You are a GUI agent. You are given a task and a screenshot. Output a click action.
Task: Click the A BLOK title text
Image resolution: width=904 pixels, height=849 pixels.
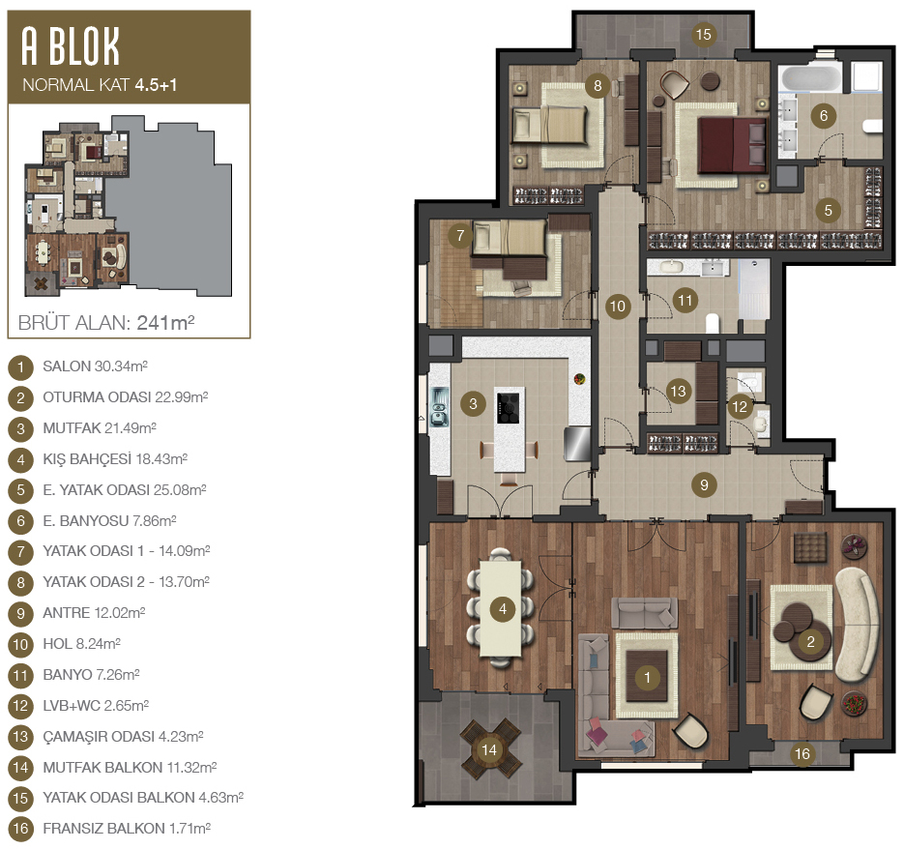click(71, 45)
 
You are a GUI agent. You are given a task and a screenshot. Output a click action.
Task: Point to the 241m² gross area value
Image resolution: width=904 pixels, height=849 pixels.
click(165, 322)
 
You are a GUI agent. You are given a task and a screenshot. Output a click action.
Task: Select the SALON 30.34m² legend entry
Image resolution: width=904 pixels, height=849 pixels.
click(95, 366)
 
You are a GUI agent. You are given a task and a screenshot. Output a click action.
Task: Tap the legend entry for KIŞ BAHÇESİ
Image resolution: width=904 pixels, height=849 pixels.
click(115, 459)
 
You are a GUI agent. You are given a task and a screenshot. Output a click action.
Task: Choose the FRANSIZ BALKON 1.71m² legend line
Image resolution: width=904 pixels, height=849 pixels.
click(127, 829)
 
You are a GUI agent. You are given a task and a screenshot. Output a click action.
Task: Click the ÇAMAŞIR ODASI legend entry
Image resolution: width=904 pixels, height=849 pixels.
click(123, 737)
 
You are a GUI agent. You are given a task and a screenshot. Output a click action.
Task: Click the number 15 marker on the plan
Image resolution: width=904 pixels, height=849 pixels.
click(703, 35)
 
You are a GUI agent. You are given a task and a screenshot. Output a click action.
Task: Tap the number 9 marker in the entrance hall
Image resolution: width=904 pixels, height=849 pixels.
click(704, 484)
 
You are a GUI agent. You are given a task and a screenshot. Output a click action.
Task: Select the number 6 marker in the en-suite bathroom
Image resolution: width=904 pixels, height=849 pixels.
click(824, 116)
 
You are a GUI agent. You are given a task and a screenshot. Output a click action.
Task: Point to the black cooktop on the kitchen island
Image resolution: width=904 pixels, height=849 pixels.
click(509, 407)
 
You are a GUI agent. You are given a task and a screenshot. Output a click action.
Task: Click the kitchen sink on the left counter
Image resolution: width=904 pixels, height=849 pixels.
click(439, 407)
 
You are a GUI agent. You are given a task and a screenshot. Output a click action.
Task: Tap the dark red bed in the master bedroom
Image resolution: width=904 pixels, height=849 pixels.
click(732, 145)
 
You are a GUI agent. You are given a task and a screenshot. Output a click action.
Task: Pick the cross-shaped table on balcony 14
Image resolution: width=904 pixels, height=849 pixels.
click(489, 748)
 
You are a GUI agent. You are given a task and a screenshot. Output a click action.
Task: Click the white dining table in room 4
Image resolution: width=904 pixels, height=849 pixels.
click(501, 609)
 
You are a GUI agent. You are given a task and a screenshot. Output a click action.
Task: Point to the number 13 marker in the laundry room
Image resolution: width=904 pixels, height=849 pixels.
click(678, 391)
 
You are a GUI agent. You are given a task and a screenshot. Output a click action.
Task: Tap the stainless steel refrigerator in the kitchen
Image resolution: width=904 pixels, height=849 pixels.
click(577, 443)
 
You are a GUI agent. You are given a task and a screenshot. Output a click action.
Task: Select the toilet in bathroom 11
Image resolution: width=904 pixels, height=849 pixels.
click(713, 323)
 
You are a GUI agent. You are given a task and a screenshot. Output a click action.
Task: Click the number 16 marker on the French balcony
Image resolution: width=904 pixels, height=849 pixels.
click(802, 753)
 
